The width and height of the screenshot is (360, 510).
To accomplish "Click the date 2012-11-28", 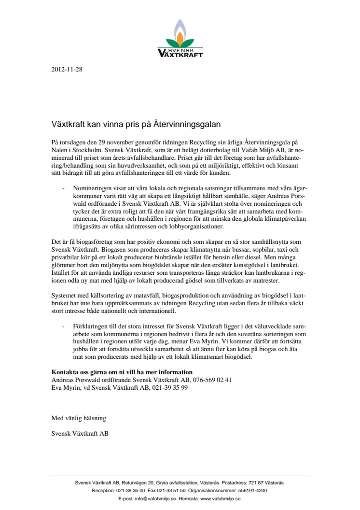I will click(67, 70).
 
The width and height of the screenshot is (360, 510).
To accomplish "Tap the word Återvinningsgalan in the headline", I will click(190, 124).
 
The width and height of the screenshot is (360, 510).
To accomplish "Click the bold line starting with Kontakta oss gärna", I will click(122, 372).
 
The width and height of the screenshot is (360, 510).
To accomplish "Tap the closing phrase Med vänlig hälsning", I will click(78, 418).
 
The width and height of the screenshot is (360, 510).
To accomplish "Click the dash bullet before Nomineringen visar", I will click(64, 187).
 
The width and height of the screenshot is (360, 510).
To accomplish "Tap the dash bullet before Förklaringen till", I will click(64, 326).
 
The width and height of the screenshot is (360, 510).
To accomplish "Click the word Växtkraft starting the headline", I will click(69, 124).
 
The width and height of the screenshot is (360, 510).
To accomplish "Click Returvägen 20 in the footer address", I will click(138, 482).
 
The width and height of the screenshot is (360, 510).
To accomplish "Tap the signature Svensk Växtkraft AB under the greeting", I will click(80, 433).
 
